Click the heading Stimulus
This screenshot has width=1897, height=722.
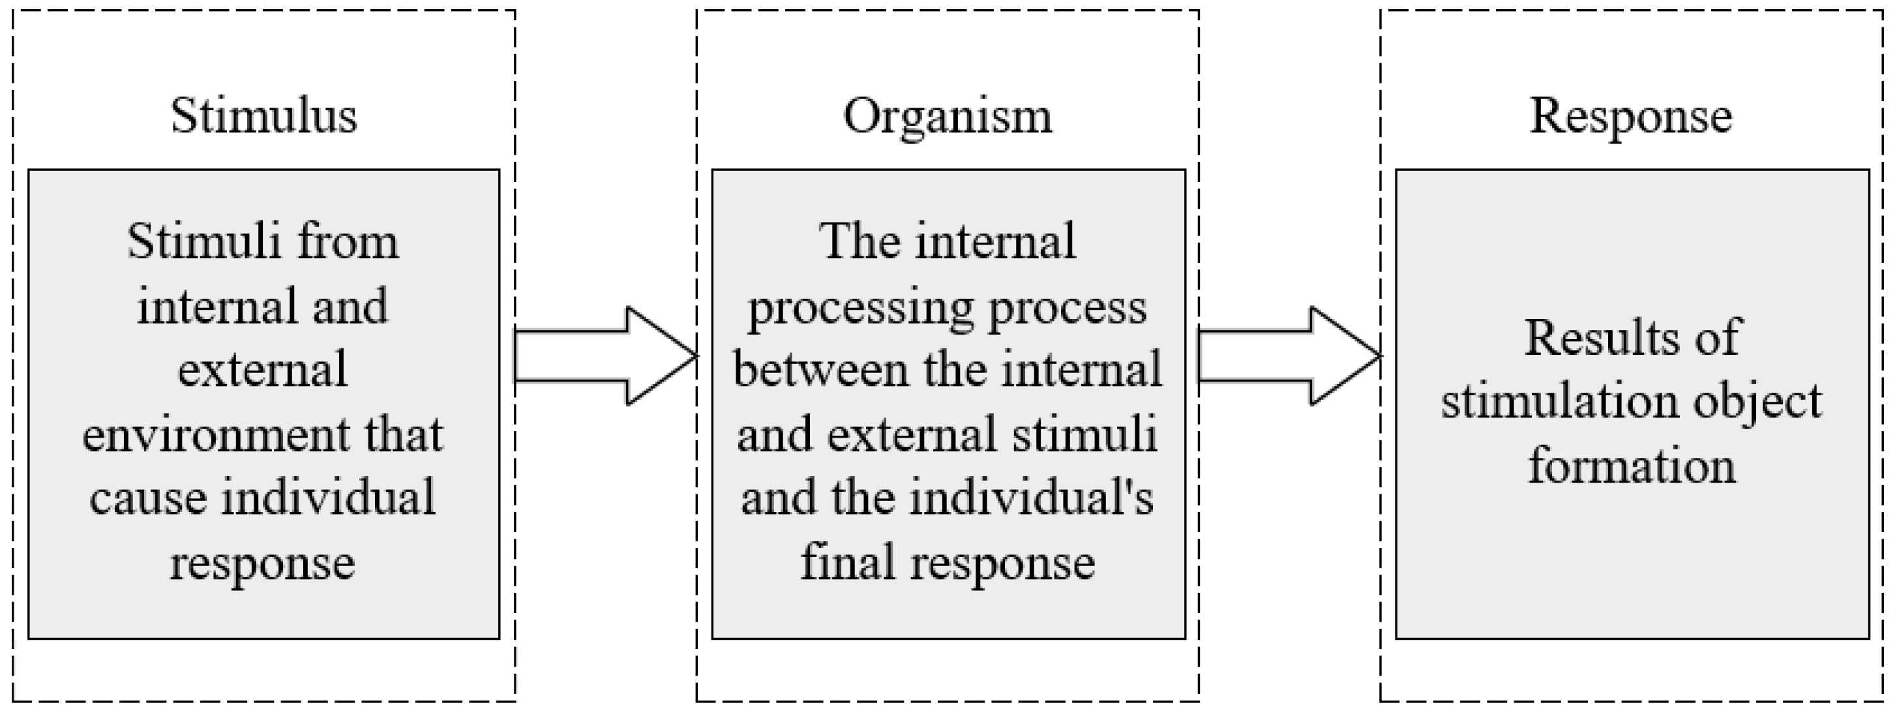(x=263, y=116)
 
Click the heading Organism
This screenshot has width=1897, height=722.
(x=948, y=116)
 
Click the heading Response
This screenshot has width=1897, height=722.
(x=1631, y=116)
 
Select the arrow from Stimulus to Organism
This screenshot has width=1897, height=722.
(x=604, y=357)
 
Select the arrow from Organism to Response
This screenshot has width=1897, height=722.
(x=1288, y=357)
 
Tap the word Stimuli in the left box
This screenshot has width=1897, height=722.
(x=193, y=242)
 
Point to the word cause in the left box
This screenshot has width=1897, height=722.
(x=148, y=498)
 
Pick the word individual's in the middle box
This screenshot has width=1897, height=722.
(x=1031, y=498)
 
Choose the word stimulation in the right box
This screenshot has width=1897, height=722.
(x=1557, y=402)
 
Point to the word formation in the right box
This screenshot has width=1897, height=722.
(x=1632, y=466)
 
